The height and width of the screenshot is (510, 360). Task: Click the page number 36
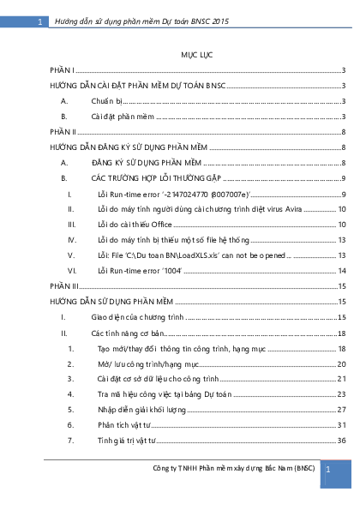coord(340,441)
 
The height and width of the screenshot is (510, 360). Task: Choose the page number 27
coord(340,410)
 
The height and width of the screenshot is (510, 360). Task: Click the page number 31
coord(340,425)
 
